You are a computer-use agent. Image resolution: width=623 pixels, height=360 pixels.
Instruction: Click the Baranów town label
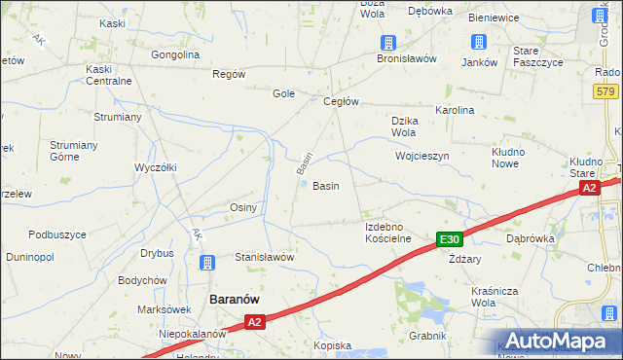point(234,301)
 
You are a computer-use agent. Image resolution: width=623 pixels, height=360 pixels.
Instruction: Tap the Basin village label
point(325,186)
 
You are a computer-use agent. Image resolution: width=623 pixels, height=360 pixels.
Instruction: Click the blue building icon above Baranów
point(207,263)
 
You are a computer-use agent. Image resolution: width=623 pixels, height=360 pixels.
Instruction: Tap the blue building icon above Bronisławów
point(388,42)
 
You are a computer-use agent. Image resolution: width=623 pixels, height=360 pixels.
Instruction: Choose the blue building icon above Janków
point(479,42)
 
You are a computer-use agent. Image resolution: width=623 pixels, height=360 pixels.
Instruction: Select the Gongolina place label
point(175,54)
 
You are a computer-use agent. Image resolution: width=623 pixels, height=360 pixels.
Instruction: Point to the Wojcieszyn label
point(421,156)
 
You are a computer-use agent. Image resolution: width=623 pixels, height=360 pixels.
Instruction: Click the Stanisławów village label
point(264,257)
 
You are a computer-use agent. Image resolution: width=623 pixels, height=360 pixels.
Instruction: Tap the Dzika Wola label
point(404,126)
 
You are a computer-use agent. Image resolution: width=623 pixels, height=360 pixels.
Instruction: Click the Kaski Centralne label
point(108,75)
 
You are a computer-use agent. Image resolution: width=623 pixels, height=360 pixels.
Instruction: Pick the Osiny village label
point(242,208)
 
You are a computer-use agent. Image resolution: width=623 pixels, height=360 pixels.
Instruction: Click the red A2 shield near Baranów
point(254,321)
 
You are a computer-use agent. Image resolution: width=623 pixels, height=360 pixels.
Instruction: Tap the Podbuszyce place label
point(57,234)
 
